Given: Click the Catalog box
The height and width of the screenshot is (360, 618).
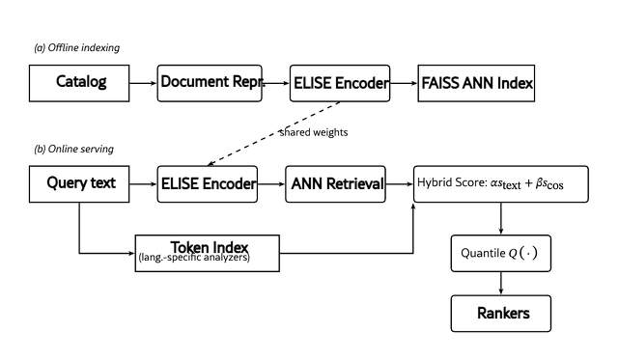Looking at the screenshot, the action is tap(79, 84).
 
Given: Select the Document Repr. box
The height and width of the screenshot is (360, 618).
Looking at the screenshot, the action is tap(210, 84).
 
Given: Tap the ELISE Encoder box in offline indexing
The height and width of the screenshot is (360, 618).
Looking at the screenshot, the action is tap(340, 84).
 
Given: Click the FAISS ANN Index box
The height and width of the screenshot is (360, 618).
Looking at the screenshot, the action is tap(476, 84).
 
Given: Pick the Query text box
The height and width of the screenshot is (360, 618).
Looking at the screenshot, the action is tap(79, 184).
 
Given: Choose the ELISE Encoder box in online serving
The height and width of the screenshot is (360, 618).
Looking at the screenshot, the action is tap(208, 184).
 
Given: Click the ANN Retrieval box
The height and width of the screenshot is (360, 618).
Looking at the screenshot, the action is tap(335, 184).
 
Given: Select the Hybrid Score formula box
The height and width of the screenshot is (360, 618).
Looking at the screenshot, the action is tap(501, 184).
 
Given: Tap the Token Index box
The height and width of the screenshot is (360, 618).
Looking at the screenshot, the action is tap(208, 254).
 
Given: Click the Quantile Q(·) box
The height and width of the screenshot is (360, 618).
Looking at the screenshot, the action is tap(501, 254).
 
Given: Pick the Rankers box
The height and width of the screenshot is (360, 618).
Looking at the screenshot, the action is tap(501, 314).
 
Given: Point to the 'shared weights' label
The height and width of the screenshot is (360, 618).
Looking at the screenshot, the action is tap(314, 132).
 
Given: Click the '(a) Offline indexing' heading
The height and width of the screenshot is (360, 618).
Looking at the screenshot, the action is tap(77, 47).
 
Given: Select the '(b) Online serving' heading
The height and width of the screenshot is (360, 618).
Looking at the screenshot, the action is tap(73, 149).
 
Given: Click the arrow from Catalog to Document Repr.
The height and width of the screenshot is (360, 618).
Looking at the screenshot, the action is tap(143, 84).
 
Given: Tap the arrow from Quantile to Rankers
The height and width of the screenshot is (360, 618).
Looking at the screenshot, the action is tap(501, 283).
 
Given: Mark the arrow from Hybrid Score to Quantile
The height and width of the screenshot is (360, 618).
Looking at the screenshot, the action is tap(501, 218).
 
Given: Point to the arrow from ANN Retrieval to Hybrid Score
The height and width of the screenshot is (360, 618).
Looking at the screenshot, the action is tap(399, 184).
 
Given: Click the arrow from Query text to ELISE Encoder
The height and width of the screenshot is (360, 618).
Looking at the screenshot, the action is tap(143, 184).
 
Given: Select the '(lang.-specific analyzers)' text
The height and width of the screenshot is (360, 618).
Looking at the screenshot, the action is tap(194, 258).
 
